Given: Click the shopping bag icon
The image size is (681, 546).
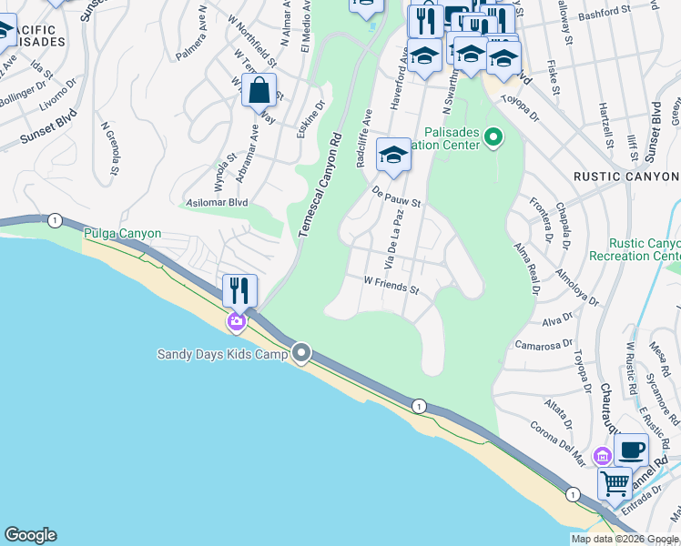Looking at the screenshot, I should click(x=259, y=90).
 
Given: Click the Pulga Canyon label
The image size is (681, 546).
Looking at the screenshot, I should click(x=122, y=234).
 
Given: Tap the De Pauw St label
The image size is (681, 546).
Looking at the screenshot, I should click(x=397, y=196).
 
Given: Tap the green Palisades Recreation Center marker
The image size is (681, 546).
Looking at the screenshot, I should click(x=493, y=138).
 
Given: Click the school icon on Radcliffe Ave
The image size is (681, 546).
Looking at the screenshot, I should click(x=393, y=155).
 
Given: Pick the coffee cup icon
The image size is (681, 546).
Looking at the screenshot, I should click(x=631, y=450).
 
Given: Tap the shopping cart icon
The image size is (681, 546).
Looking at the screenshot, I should click(x=615, y=483).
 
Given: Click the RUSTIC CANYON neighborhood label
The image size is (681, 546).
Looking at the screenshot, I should click(x=625, y=176).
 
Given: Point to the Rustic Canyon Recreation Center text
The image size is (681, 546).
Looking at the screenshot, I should click(x=645, y=250).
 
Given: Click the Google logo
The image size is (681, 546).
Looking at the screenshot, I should click(x=30, y=535).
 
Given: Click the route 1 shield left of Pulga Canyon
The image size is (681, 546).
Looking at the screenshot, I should click(x=56, y=220).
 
